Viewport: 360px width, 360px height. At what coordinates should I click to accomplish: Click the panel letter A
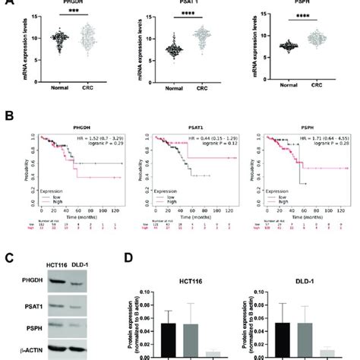6,5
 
